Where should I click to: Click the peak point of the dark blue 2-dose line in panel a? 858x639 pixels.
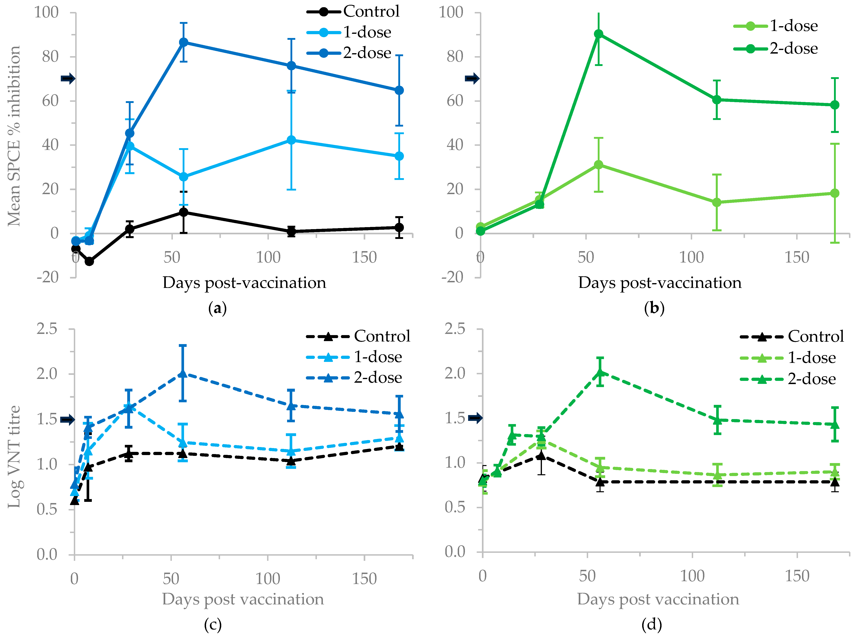click(184, 42)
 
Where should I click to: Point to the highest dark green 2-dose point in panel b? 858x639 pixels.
click(598, 34)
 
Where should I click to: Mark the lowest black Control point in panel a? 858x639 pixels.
click(89, 262)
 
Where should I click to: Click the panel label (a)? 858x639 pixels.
click(217, 308)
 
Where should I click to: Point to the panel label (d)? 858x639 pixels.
click(652, 624)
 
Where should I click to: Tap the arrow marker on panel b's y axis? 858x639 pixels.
click(472, 79)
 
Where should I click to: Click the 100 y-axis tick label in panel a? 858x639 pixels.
click(46, 12)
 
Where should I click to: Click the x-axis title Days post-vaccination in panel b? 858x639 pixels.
click(660, 283)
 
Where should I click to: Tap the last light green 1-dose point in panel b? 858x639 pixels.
click(835, 193)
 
